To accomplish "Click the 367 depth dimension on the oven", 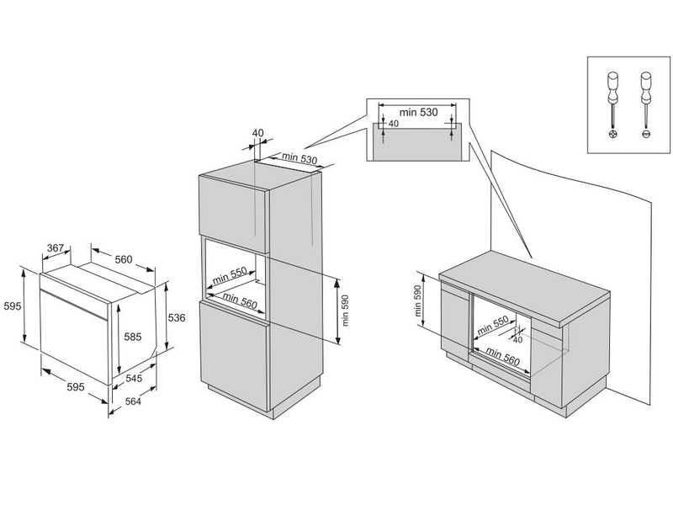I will click(56, 248).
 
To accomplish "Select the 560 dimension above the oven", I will click(124, 259).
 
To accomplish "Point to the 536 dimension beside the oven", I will click(176, 317).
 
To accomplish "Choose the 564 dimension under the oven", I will click(134, 401).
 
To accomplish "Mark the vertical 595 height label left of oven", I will click(11, 306).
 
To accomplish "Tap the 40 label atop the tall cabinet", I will click(257, 133).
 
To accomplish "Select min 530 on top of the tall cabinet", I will click(299, 157).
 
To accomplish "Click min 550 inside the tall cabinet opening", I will click(229, 274).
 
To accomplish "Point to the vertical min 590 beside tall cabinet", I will click(345, 309).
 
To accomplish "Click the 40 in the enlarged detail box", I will click(394, 124).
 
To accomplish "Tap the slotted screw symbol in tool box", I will click(647, 135).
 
